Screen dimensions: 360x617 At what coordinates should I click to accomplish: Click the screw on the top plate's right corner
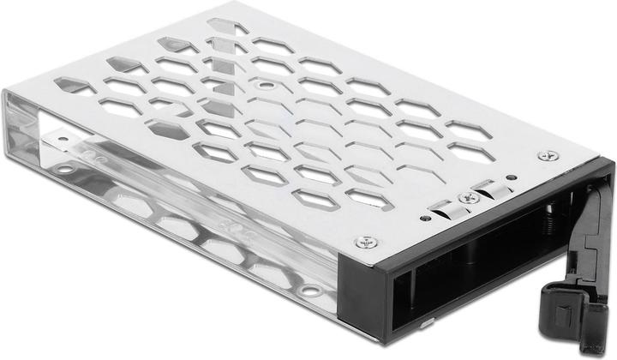pyautogui.click(x=542, y=156)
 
